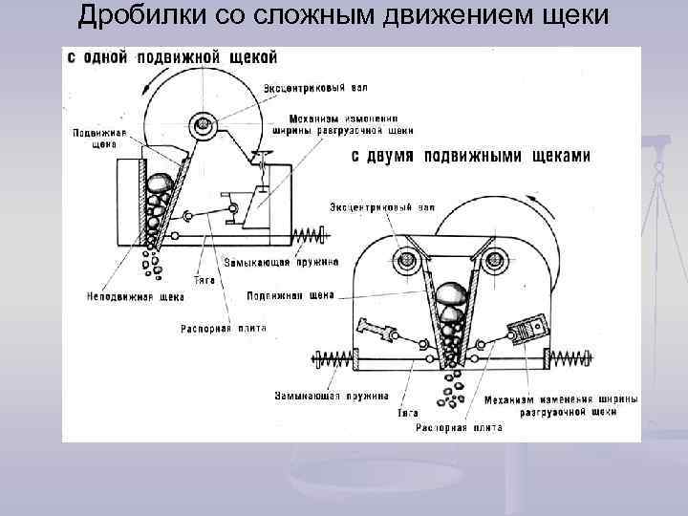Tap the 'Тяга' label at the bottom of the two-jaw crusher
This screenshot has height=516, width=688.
409,414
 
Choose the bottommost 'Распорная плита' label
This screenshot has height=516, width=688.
459,428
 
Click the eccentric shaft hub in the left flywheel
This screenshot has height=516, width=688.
203,124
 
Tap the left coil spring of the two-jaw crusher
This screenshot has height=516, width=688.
332,359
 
